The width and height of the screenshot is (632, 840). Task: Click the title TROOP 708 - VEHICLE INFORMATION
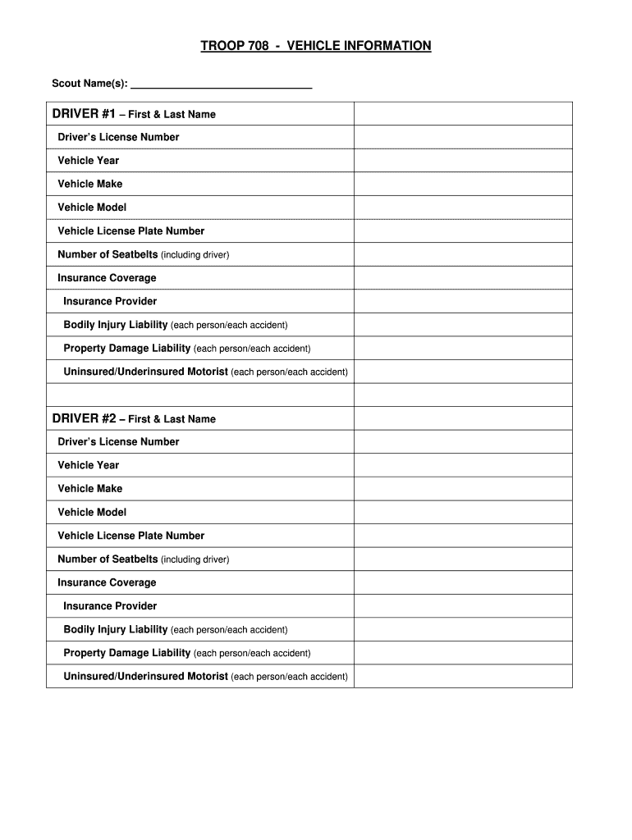coord(316,46)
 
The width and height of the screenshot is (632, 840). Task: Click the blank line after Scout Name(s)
coord(222,84)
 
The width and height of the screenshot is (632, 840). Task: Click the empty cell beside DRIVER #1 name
coord(463,114)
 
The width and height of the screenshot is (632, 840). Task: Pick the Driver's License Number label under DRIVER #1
coord(118,137)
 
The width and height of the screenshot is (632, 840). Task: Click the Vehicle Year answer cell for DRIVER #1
coord(463,161)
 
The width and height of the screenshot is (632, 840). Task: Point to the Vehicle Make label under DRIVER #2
coord(90,489)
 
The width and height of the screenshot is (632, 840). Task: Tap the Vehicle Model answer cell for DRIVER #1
coord(463,208)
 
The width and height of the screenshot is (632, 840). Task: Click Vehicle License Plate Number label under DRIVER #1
coord(131,231)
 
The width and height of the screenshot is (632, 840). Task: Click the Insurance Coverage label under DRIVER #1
coord(107,278)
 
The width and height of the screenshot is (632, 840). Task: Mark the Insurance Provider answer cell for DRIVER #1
coord(463,301)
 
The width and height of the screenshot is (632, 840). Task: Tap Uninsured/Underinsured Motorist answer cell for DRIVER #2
coord(463,677)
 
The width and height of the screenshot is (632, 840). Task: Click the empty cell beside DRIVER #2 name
coord(463,418)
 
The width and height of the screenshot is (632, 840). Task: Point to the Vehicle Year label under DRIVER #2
coord(89,465)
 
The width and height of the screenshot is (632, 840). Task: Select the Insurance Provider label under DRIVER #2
coord(110,606)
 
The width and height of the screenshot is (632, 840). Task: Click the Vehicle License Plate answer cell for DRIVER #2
coord(463,536)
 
